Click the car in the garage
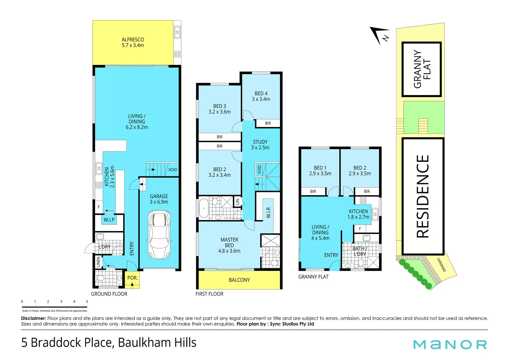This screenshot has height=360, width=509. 159,234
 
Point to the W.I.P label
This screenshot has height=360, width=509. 109,220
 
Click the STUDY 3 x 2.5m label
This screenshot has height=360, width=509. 260,145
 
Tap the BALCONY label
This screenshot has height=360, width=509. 239,280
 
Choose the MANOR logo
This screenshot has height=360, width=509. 450,345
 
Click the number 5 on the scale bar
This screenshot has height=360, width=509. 87,301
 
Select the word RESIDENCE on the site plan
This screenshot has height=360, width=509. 423,196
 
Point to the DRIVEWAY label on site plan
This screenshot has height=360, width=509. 442,264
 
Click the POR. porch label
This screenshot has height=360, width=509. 133,278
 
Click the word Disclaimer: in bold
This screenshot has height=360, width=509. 34,318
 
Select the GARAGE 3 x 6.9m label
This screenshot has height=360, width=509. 159,199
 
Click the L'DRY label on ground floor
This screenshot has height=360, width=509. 104,247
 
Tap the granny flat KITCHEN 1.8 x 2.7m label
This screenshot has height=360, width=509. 358,214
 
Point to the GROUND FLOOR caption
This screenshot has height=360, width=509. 109,294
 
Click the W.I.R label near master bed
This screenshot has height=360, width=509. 269,213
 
